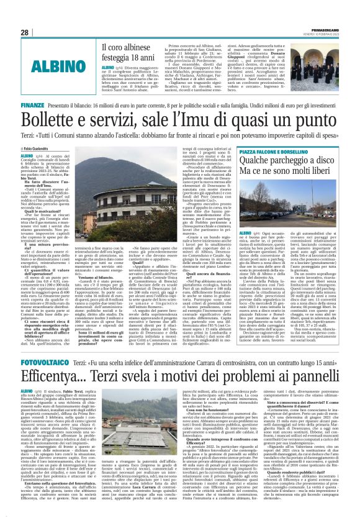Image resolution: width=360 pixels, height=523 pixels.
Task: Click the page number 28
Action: point(25,32)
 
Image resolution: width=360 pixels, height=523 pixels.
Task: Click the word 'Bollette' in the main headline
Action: point(56,122)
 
